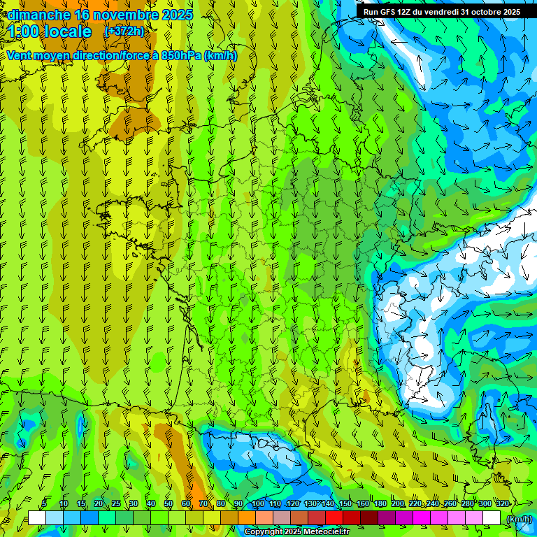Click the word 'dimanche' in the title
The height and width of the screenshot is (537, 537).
point(39,15)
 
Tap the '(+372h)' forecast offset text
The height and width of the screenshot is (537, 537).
point(124,31)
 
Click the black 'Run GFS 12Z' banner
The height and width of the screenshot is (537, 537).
point(441,12)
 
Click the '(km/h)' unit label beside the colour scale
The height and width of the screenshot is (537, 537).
point(518,518)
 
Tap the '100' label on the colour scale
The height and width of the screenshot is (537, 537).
point(258,504)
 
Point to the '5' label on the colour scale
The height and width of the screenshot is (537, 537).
point(44,504)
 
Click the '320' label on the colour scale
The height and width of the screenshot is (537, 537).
point(502,504)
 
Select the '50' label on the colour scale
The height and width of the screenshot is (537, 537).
point(169,504)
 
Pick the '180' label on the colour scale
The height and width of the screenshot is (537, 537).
point(380,504)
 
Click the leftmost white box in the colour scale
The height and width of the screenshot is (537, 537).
point(37,518)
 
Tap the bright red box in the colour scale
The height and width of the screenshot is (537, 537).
point(334,518)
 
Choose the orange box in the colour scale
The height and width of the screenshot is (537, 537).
point(247,518)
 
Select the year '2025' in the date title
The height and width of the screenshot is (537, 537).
point(177,15)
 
